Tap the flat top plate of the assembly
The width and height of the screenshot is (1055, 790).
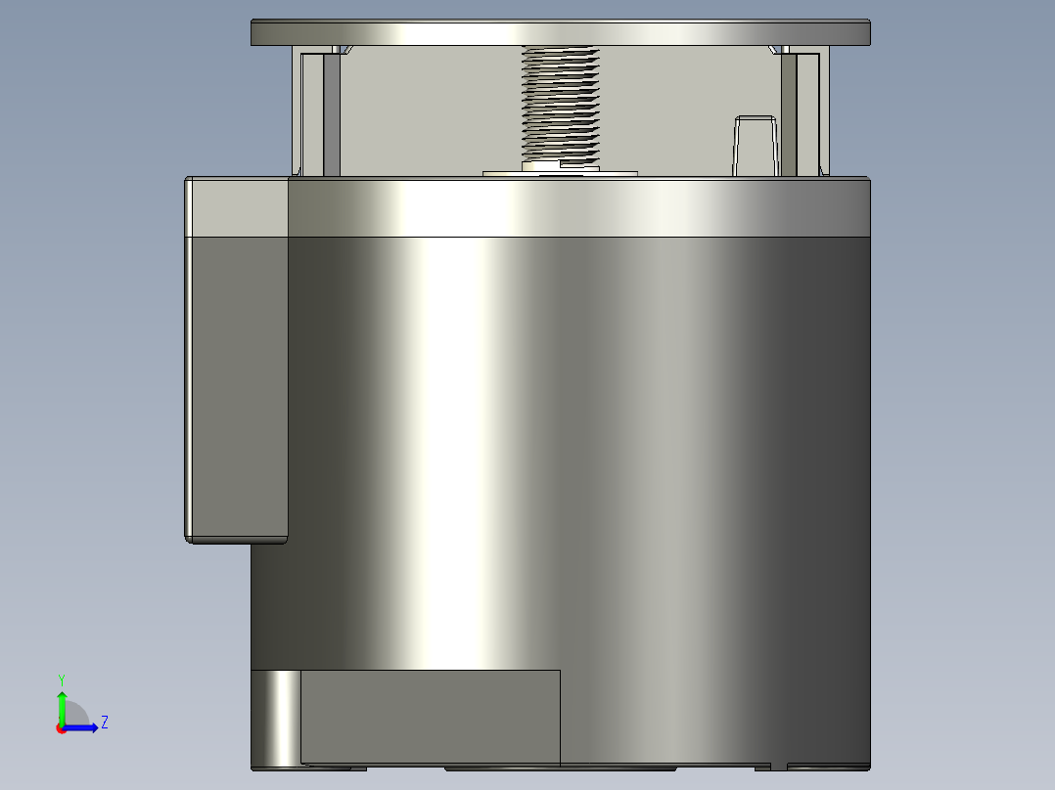coord(560,32)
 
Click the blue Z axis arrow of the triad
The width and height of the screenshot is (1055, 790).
coord(84,727)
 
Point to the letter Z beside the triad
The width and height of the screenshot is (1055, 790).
coord(104,723)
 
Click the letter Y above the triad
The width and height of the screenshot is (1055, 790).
coord(62,679)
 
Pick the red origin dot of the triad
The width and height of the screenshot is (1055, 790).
coord(62,728)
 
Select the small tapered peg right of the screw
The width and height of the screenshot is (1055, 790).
coord(755,146)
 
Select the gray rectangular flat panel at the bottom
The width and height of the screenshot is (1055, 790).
coord(430,716)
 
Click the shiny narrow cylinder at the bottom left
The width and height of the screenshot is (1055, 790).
coord(277,718)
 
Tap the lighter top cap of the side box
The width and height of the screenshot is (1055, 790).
coord(236,207)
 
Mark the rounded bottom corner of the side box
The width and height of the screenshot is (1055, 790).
coord(192,537)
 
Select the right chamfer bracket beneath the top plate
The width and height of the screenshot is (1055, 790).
coord(780,49)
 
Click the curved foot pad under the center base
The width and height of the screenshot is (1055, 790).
coord(560,768)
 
